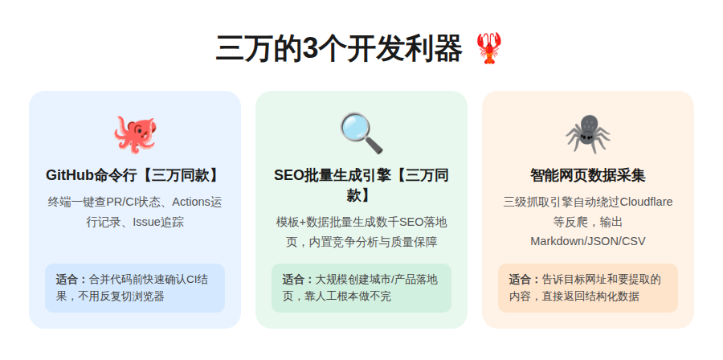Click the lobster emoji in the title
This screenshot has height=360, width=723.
[x=488, y=49]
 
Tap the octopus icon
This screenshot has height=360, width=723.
[x=134, y=133]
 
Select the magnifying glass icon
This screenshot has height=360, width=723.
[x=361, y=133]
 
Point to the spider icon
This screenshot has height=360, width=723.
[x=587, y=133]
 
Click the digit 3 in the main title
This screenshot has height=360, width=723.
[x=310, y=50]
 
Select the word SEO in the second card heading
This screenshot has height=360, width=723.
[x=288, y=175]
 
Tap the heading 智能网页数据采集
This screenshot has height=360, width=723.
[x=587, y=175]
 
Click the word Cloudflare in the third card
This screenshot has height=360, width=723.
[x=640, y=202]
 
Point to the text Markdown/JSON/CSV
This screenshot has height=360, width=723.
[x=587, y=240]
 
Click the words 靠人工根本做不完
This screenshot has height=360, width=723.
[x=353, y=297]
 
